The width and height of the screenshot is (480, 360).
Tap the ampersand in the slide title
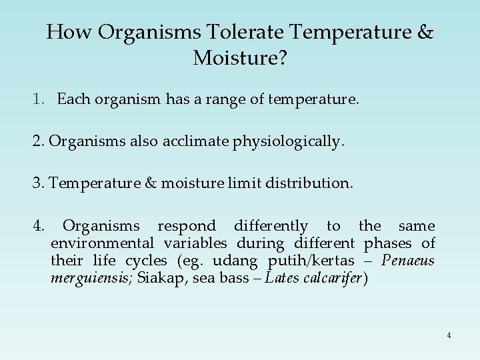pos(424,32)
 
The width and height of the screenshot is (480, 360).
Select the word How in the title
pos(65,32)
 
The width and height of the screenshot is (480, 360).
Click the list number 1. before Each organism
pos(39,100)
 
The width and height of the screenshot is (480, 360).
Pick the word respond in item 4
pos(186,226)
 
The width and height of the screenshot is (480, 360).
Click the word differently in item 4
pos(271,226)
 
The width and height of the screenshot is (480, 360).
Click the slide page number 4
pos(449,335)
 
